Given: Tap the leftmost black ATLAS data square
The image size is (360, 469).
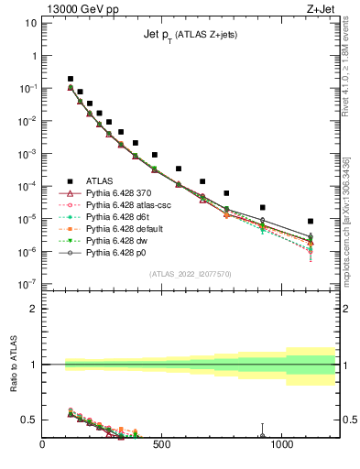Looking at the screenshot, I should (x=71, y=79).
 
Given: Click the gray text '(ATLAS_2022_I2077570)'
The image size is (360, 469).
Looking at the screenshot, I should (x=190, y=274).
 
